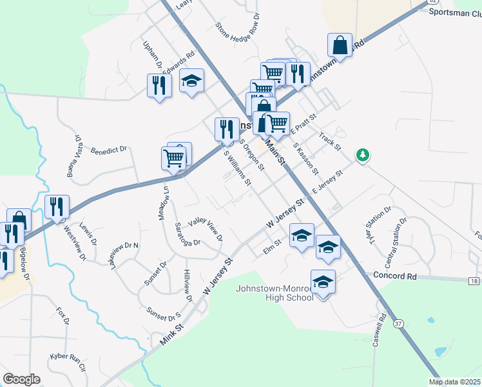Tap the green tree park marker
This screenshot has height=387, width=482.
[364, 155]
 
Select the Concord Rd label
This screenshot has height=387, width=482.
[395, 276]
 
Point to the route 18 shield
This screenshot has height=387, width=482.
[474, 281]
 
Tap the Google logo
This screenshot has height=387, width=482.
[21, 379]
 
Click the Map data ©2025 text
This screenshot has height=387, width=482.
[454, 382]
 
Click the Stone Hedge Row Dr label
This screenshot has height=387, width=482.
[238, 31]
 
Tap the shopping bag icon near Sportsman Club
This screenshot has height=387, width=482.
[340, 45]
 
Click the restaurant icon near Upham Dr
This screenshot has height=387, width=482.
[159, 86]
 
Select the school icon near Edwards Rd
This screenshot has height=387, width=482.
[191, 81]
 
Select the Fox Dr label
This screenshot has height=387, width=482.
[62, 317]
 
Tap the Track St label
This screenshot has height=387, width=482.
[329, 142]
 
